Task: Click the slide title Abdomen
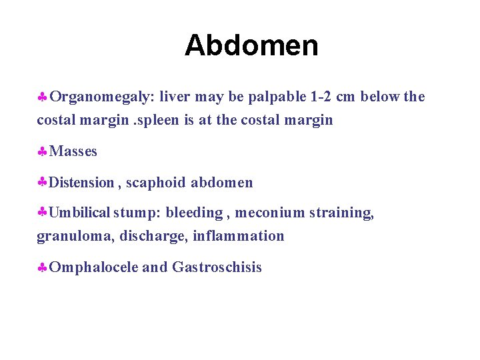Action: coord(251,45)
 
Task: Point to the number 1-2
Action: coord(321,97)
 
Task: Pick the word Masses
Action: coord(73,152)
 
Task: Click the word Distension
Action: coord(81,183)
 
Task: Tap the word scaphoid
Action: coord(156,183)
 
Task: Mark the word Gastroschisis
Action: coord(217,268)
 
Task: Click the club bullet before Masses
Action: coord(41,153)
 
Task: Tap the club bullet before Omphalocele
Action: coord(41,269)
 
